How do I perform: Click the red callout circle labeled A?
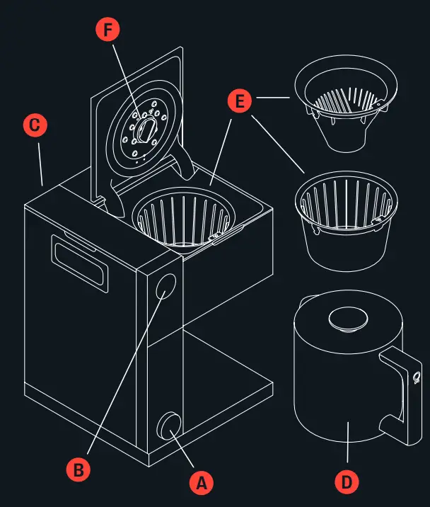(x=201, y=483)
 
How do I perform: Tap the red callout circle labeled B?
(x=78, y=468)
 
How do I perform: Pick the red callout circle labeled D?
(x=347, y=483)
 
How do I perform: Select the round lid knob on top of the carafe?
(x=346, y=319)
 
